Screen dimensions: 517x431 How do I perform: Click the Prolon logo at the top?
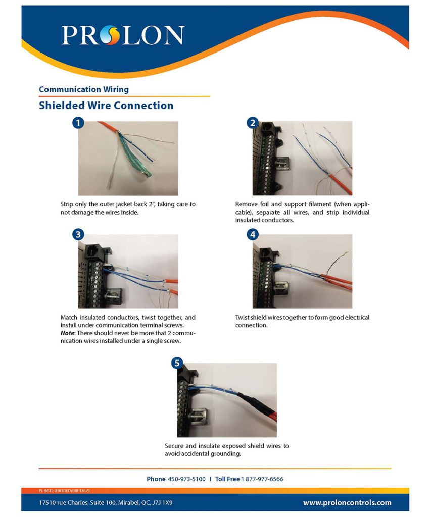point(123,35)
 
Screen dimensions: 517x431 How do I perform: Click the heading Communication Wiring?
point(83,89)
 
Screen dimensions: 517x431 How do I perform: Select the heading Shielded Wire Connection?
point(106,106)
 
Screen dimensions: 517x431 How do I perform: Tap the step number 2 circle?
point(252,123)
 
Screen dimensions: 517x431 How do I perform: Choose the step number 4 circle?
point(252,234)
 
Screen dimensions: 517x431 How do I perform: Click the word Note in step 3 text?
point(69,326)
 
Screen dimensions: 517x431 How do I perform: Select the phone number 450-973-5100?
point(186,479)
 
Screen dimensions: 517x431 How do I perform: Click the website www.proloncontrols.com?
point(347,502)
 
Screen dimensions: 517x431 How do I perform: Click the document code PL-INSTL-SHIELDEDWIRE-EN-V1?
point(64,490)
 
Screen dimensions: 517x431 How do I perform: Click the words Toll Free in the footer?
point(227,479)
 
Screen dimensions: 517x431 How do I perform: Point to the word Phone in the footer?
point(156,479)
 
